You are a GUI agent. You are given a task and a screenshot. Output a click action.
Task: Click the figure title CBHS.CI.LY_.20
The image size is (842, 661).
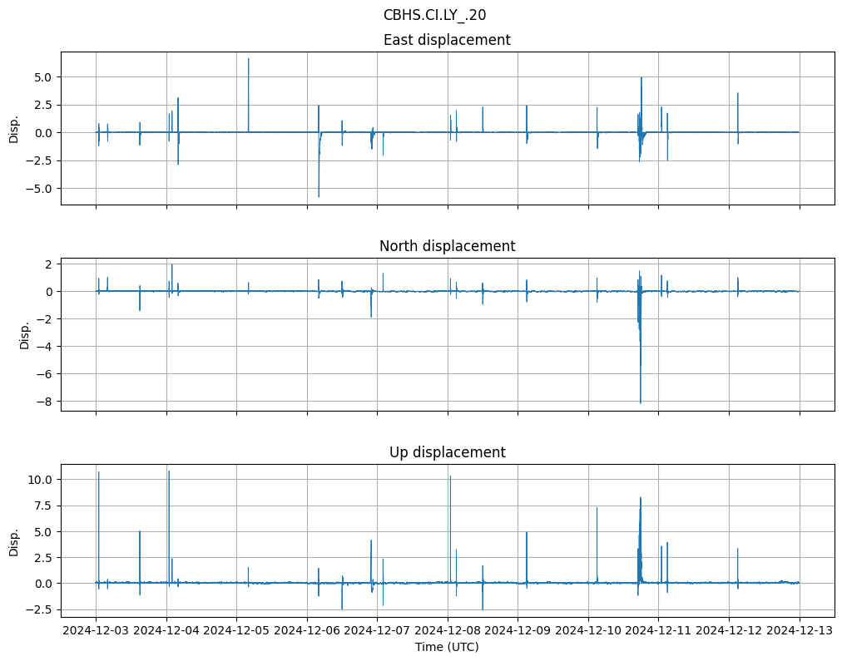pos(434,15)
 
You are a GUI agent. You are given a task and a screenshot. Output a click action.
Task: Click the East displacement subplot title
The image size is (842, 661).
pos(447,40)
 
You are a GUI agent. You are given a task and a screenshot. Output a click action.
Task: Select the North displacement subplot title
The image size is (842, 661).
pos(447,246)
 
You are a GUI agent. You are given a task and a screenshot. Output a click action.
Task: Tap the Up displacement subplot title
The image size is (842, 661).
pos(447,452)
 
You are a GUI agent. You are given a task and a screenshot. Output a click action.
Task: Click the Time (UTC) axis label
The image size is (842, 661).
pos(447,647)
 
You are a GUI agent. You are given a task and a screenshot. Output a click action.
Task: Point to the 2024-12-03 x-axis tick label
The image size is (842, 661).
pos(96,630)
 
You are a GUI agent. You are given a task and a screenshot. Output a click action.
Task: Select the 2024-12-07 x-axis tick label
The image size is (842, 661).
pos(377,630)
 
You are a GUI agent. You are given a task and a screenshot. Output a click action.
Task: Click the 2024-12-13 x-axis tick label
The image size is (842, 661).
pos(800,630)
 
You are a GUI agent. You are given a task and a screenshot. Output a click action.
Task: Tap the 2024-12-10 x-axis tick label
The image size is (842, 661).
pos(588,630)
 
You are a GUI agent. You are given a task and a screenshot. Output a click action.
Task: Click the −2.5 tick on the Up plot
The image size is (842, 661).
pos(38,609)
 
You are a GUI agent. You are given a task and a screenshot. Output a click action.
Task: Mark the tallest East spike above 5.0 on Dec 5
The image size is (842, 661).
pos(248,59)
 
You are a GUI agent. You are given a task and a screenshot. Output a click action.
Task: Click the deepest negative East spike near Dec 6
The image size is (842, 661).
pos(319,196)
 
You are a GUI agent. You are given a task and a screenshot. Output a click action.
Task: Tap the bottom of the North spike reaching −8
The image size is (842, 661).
pos(640,402)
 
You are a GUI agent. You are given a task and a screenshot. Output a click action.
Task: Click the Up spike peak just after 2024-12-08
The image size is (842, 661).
pos(450,476)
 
